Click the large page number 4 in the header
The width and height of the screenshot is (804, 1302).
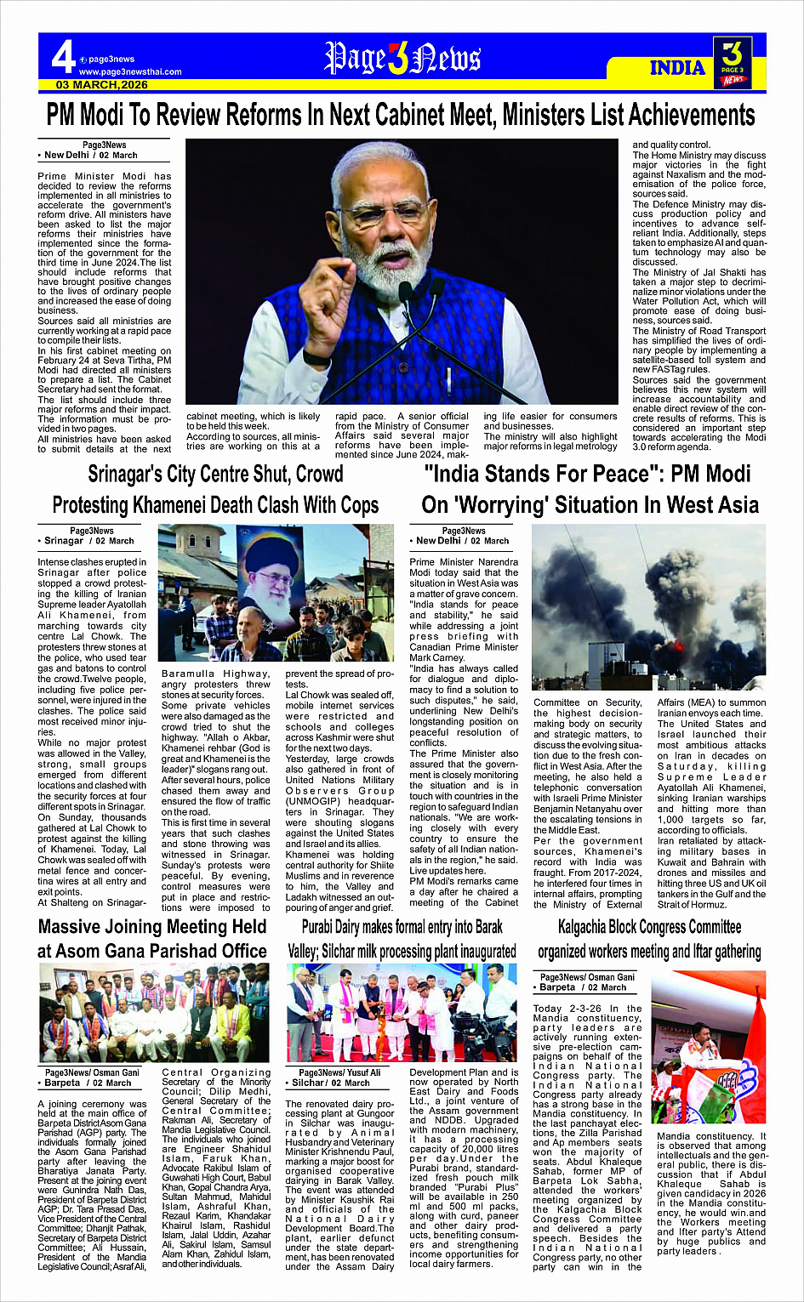tap(62, 58)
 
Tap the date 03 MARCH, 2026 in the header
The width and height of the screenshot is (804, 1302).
tap(102, 85)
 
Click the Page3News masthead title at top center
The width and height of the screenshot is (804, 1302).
tap(402, 59)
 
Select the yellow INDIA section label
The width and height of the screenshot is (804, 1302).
tap(677, 68)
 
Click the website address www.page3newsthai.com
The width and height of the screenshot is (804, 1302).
tap(130, 72)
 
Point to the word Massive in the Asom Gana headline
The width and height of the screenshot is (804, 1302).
tap(81, 927)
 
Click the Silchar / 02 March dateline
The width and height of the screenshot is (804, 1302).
tap(330, 1083)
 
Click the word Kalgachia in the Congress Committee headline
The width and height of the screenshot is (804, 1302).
tap(595, 927)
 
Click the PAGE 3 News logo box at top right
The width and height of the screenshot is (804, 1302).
tap(733, 62)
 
